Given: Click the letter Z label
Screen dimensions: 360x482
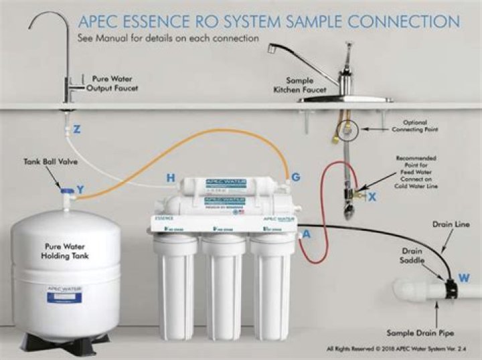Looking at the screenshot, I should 77,130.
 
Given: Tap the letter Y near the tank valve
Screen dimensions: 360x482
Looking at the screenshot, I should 80,189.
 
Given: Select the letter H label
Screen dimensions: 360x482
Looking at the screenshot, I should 171,178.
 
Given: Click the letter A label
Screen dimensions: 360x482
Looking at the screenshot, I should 307,234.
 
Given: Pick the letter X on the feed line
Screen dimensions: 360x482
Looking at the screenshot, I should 372,197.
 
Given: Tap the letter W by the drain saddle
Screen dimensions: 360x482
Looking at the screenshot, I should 464,276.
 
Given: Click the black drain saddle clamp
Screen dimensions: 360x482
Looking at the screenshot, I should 446,283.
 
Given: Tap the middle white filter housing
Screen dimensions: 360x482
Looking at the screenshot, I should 224,288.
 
